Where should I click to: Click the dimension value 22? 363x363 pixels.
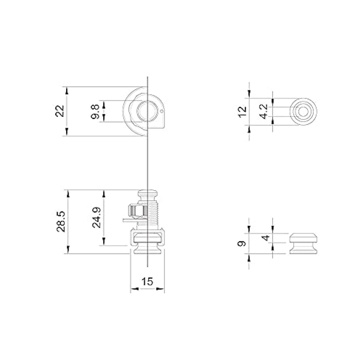tap(60, 111)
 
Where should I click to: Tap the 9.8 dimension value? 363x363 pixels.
tap(95, 111)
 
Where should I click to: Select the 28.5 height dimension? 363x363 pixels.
tap(61, 221)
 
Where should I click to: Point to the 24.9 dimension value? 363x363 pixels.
tap(97, 217)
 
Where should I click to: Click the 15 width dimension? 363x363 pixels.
tap(147, 281)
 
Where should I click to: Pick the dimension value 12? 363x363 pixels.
tap(243, 112)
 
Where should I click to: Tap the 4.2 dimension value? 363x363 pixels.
tap(265, 112)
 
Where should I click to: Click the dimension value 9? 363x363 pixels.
tap(242, 244)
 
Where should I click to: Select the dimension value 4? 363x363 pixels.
tap(266, 238)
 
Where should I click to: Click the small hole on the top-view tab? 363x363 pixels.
tap(162, 111)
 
